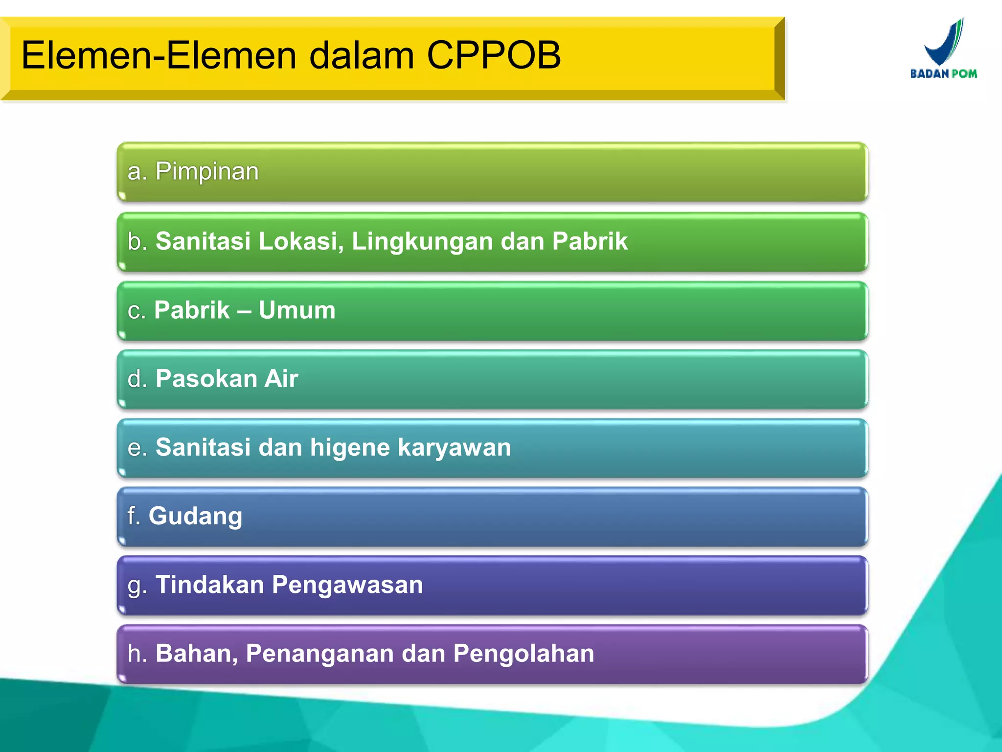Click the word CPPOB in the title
pyautogui.click(x=494, y=55)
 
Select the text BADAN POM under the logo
pyautogui.click(x=943, y=74)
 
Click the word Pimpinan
pyautogui.click(x=207, y=172)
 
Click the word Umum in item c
pyautogui.click(x=297, y=310)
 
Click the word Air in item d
pyautogui.click(x=281, y=379)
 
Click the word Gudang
pyautogui.click(x=195, y=517)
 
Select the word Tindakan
pyautogui.click(x=210, y=585)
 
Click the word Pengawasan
pyautogui.click(x=347, y=585)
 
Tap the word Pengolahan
pyautogui.click(x=524, y=654)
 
